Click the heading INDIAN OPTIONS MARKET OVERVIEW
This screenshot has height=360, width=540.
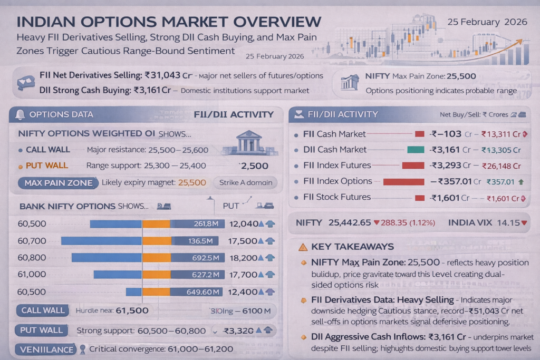click(169, 22)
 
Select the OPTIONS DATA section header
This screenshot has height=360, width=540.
click(61, 114)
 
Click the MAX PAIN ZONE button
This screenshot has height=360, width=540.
click(58, 183)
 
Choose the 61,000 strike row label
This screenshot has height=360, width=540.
click(32, 275)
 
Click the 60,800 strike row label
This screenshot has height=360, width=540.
click(32, 258)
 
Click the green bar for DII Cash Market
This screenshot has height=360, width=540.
click(416, 150)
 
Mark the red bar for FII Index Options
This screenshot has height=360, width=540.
click(403, 182)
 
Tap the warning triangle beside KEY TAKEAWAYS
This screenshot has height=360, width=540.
click(303, 247)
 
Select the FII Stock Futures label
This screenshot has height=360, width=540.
click(337, 197)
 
